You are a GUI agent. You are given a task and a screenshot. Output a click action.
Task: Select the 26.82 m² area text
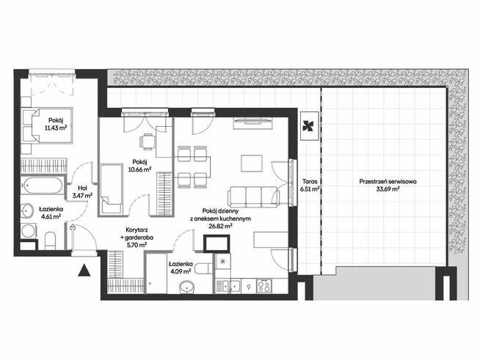pos(219,227)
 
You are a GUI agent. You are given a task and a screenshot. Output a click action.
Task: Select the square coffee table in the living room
pos(253,162)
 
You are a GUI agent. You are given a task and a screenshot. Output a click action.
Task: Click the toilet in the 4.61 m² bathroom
pos(51,239)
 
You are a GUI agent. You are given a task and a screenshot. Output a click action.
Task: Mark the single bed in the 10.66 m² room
pos(112,188)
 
